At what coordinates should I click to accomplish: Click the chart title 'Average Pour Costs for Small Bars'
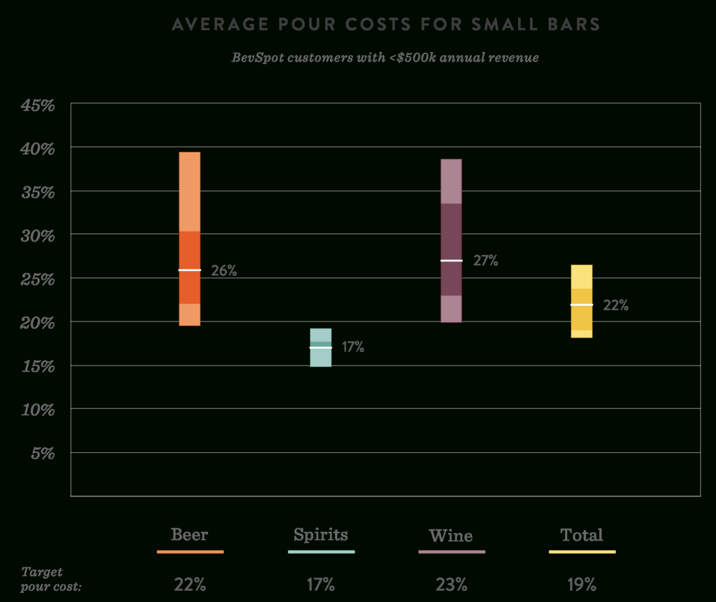click(386, 25)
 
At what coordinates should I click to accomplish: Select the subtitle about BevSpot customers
click(385, 58)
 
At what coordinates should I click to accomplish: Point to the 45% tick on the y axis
click(38, 106)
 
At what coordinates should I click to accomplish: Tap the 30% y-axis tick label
click(38, 236)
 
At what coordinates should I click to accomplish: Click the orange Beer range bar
click(190, 239)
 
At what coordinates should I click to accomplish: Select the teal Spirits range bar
click(321, 348)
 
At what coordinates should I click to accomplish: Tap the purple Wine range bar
click(451, 241)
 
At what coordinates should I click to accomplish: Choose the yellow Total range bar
click(581, 301)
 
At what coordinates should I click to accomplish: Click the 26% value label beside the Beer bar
click(224, 271)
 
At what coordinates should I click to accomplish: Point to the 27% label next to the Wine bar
click(486, 261)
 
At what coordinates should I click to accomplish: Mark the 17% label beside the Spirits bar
click(353, 348)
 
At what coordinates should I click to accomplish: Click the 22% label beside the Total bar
click(615, 305)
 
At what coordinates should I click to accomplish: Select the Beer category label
click(190, 534)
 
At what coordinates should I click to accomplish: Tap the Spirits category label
click(321, 534)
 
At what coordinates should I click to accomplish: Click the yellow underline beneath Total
click(582, 552)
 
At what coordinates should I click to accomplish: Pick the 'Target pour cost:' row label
click(51, 578)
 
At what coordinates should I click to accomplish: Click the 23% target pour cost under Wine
click(451, 585)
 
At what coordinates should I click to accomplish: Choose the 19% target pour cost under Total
click(581, 585)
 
